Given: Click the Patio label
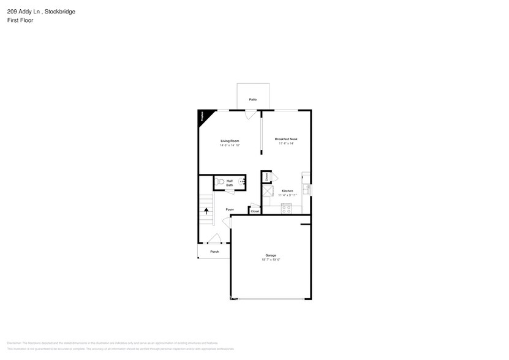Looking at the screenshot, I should point(252,99).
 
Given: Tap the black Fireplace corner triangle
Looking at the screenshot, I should point(202,116).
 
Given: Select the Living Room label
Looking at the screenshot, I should point(230,141).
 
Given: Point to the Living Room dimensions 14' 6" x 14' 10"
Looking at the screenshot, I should point(230,145).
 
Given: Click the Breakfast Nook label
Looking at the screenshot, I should point(286,139).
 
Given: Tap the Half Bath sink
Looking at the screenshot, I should point(242,182).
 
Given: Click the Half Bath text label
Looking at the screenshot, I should point(230,182).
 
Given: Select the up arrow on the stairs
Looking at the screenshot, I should point(206,211).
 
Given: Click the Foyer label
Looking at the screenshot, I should point(230,209).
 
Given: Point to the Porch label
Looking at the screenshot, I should point(214,252).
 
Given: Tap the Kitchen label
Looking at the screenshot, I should point(287,191).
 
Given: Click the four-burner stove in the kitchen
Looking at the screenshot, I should point(286,209).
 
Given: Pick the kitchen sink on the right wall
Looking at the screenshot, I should point(307,189).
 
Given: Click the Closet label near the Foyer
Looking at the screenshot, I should point(255,211).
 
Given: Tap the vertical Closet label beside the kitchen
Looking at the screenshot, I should point(267,177).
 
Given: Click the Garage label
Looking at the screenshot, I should point(270,255).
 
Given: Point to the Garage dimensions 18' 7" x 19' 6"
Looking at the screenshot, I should point(270,260).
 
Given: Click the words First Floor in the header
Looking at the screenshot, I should point(21,20).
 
